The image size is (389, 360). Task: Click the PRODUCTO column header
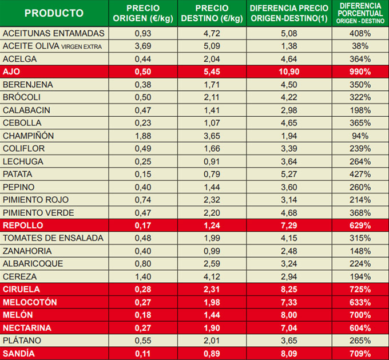tap(54, 13)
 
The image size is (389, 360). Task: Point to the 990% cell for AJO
tap(360, 72)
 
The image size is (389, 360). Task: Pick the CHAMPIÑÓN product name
tap(29, 136)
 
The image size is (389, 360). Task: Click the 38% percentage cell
tap(360, 46)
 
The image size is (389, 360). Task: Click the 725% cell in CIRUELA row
tap(360, 289)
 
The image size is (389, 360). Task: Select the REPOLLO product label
tap(21, 226)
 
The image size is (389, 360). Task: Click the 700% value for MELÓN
tap(360, 315)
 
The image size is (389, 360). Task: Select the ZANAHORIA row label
tap(27, 251)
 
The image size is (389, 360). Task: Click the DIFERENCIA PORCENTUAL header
tap(360, 13)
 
